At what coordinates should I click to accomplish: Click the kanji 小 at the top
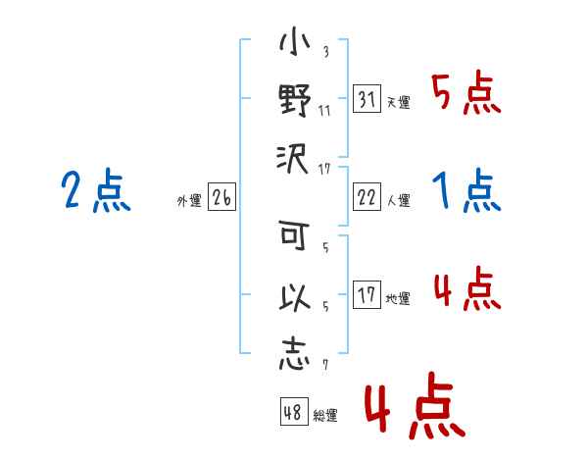click(x=294, y=41)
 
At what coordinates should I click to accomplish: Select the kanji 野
click(x=295, y=100)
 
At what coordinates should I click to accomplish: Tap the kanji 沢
click(x=292, y=159)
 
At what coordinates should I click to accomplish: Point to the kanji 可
click(x=294, y=235)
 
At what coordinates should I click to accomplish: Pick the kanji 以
click(x=295, y=296)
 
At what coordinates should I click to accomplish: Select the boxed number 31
click(x=367, y=99)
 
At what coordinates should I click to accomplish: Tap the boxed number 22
click(x=367, y=197)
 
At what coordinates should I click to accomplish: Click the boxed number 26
click(x=221, y=197)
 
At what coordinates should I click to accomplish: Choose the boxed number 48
click(x=294, y=411)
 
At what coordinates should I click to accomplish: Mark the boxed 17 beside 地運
click(x=367, y=294)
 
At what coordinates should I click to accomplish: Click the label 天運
click(x=399, y=102)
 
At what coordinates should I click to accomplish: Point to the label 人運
click(x=399, y=200)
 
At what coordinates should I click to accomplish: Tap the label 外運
click(x=189, y=200)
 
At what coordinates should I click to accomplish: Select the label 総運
click(x=325, y=415)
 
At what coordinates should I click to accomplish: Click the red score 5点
click(x=466, y=92)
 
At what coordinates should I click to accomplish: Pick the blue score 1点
click(x=466, y=190)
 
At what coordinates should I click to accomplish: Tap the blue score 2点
click(x=96, y=190)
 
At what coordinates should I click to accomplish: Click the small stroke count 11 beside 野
click(x=324, y=111)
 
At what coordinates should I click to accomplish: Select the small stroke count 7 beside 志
click(x=325, y=365)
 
